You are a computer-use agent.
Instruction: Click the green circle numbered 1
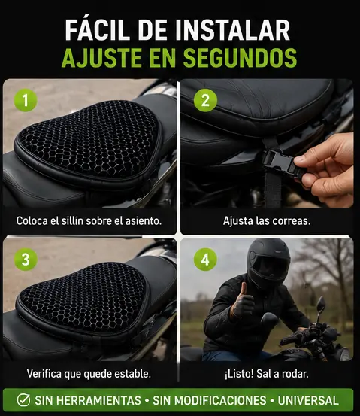pyautogui.click(x=26, y=100)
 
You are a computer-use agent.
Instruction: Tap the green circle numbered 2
pyautogui.click(x=205, y=100)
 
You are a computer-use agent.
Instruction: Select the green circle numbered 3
pyautogui.click(x=26, y=260)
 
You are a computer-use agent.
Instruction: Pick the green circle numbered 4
pyautogui.click(x=205, y=260)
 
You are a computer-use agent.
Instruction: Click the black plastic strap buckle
pyautogui.click(x=281, y=163)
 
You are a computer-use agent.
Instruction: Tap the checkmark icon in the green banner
pyautogui.click(x=23, y=400)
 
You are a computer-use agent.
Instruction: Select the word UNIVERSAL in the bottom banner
pyautogui.click(x=308, y=401)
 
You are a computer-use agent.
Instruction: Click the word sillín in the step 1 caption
pyautogui.click(x=70, y=220)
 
